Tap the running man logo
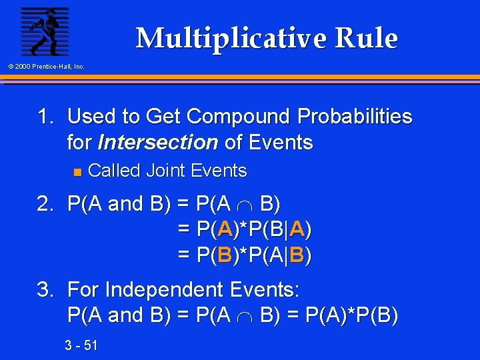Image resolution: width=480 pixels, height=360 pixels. click(x=45, y=31)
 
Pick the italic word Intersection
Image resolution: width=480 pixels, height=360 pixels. click(x=158, y=142)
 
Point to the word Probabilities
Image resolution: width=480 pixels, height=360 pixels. click(x=355, y=117)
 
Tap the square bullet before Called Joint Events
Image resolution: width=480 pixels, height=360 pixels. click(x=76, y=172)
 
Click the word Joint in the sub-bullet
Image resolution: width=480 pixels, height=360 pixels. click(x=166, y=171)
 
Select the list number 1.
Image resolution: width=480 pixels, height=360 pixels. click(x=45, y=117)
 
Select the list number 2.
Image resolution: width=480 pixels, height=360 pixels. click(x=45, y=203)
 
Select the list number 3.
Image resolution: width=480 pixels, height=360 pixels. click(x=45, y=289)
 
